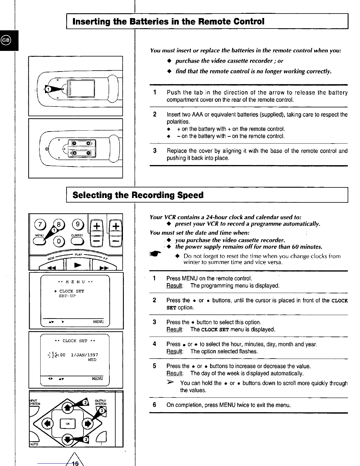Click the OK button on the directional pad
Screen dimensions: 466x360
[x=68, y=424]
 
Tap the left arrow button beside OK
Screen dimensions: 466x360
[x=47, y=424]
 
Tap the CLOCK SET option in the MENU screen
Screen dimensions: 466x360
[x=71, y=291]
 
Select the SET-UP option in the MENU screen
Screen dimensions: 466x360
[x=67, y=296]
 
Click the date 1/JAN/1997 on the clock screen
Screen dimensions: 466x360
[x=85, y=355]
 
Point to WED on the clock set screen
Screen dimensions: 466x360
[x=92, y=360]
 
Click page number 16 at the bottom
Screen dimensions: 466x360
[x=75, y=464]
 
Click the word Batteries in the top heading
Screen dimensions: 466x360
[x=157, y=21]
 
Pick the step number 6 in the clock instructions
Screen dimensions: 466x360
[x=154, y=405]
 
